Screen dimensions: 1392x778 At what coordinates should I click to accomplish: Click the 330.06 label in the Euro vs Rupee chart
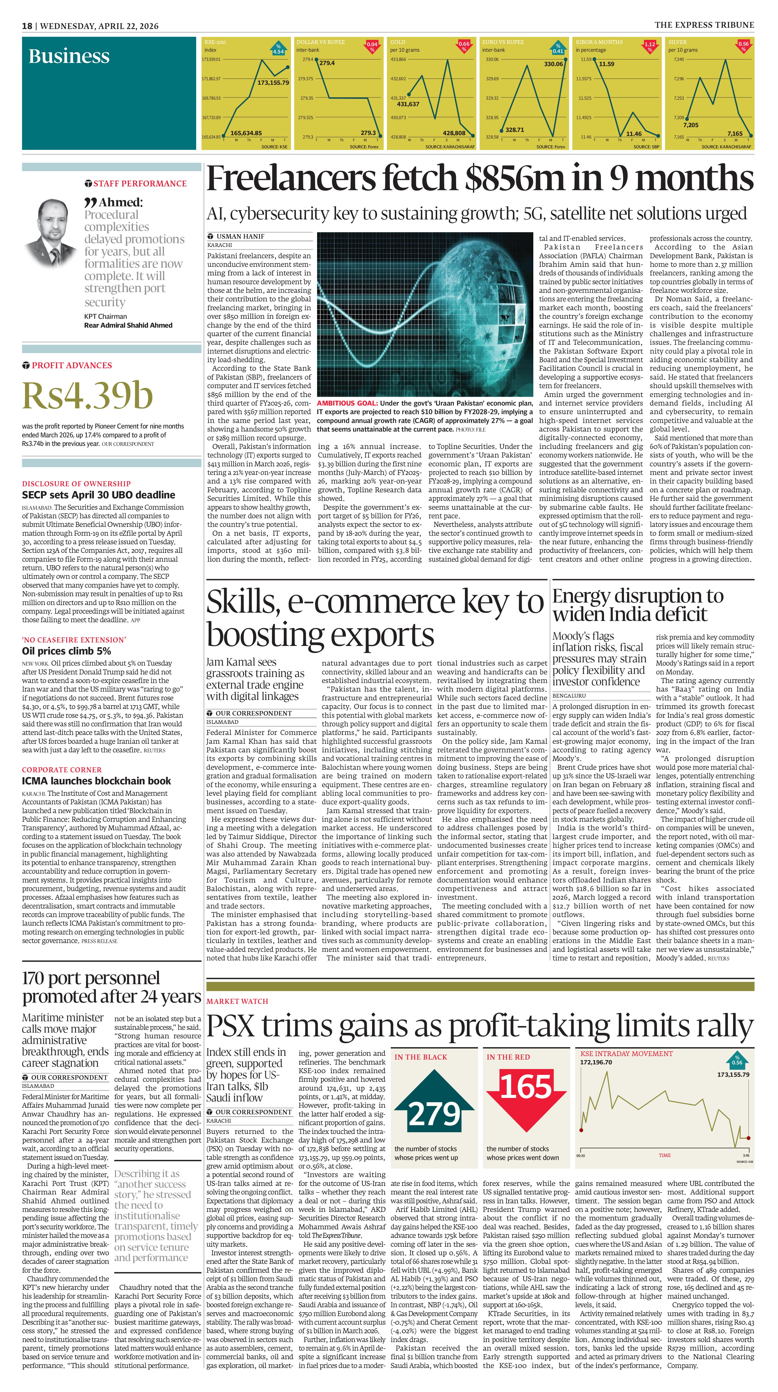pyautogui.click(x=553, y=64)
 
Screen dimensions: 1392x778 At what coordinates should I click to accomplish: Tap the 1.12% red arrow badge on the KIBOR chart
pyautogui.click(x=649, y=46)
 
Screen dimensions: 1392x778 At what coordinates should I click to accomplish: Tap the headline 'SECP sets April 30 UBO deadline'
pyautogui.click(x=98, y=495)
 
